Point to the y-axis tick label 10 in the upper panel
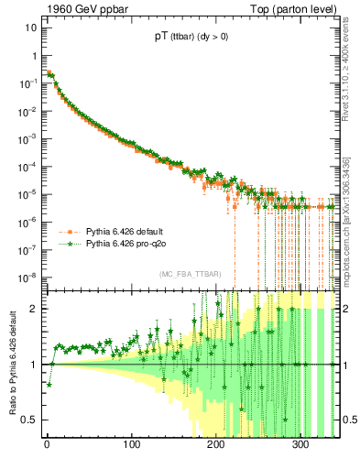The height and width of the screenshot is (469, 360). [x=31, y=27]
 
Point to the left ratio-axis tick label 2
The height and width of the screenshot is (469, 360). [x=34, y=309]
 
